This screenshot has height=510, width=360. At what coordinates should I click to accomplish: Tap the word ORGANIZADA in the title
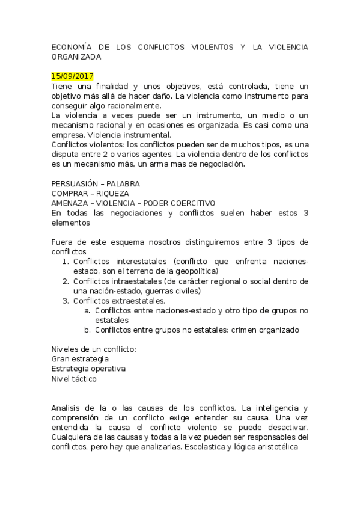pyautogui.click(x=76, y=57)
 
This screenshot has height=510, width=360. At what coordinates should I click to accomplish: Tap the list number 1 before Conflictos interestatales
pyautogui.click(x=66, y=261)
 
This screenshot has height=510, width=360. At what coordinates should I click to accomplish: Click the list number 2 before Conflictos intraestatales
pyautogui.click(x=66, y=281)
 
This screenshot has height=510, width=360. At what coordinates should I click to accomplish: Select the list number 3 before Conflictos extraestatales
pyautogui.click(x=66, y=300)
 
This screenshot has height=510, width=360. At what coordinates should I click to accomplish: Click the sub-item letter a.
pyautogui.click(x=87, y=310)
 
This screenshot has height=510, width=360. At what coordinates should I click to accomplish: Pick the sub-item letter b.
pyautogui.click(x=87, y=330)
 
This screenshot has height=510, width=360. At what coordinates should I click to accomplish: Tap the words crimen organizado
pyautogui.click(x=265, y=330)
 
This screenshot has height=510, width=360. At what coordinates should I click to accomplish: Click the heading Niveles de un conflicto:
pyautogui.click(x=94, y=349)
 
